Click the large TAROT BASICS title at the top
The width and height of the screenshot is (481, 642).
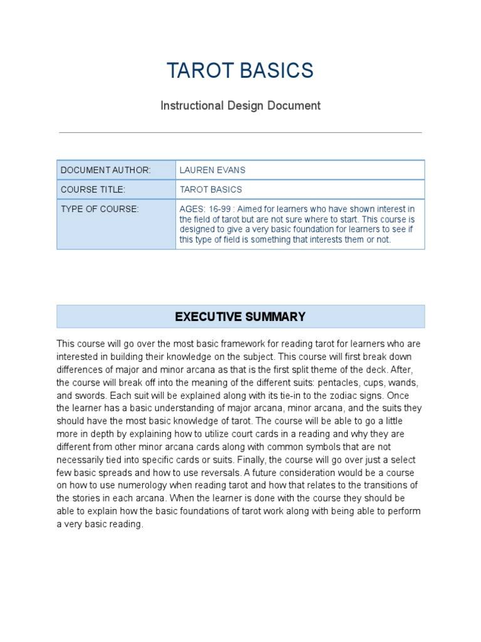coord(240,71)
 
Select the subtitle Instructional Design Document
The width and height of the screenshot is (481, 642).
coord(240,105)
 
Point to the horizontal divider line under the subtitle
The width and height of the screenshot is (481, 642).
coord(240,133)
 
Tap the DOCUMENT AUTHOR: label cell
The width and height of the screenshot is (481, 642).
coord(106,170)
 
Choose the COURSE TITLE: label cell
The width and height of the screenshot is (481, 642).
coord(93,189)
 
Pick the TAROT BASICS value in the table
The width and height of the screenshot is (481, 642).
coord(210,189)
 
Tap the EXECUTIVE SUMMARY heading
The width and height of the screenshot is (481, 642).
coord(240,317)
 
